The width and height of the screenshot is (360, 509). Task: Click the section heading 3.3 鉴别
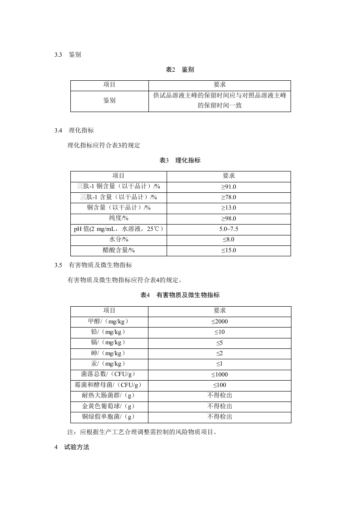click(68, 55)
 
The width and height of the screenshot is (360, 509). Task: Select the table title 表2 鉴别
click(180, 69)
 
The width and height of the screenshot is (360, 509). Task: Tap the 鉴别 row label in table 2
click(109, 100)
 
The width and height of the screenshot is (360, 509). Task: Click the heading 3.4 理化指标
click(74, 131)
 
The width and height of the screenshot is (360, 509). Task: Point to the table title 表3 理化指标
click(180, 160)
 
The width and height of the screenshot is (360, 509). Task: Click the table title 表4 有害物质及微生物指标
click(180, 295)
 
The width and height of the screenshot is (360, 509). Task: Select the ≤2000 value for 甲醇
click(220, 322)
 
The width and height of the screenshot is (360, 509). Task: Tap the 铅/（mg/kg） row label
click(109, 332)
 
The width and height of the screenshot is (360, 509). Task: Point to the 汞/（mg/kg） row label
click(109, 364)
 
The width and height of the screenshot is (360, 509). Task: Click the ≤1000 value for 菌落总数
click(220, 375)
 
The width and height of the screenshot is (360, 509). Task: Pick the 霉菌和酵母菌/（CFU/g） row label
click(109, 385)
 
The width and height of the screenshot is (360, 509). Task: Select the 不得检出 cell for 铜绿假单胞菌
click(220, 417)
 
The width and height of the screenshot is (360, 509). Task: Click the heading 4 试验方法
click(72, 447)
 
